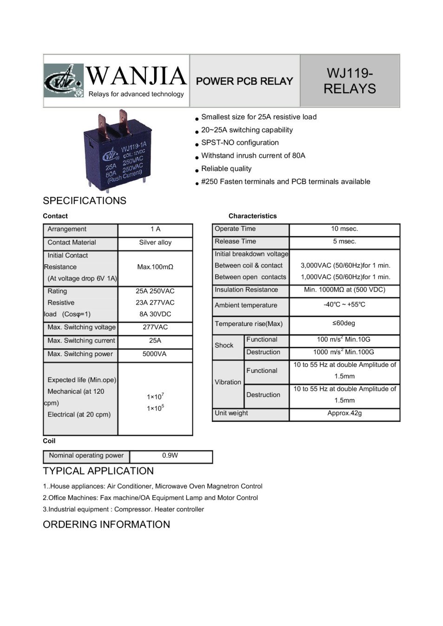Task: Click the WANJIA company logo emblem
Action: tap(64, 80)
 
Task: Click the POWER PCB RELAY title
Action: tap(244, 81)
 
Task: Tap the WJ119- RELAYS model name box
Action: tap(350, 81)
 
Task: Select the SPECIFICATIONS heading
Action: tap(85, 201)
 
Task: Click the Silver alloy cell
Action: tap(155, 243)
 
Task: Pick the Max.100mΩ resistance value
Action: tap(155, 267)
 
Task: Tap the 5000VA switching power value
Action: tap(155, 354)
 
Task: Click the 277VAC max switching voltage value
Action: tap(155, 327)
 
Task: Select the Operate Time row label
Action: tap(235, 229)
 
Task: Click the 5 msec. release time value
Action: tap(345, 242)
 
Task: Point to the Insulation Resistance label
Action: tap(246, 290)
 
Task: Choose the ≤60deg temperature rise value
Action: tap(344, 323)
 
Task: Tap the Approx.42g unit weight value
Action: tap(345, 413)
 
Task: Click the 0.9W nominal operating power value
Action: tap(170, 456)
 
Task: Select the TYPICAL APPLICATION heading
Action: tap(98, 471)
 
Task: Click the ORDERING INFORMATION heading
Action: tap(106, 524)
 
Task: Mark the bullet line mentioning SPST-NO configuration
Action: tap(240, 143)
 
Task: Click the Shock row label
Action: tap(224, 345)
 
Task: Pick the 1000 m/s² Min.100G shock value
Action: tap(344, 352)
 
